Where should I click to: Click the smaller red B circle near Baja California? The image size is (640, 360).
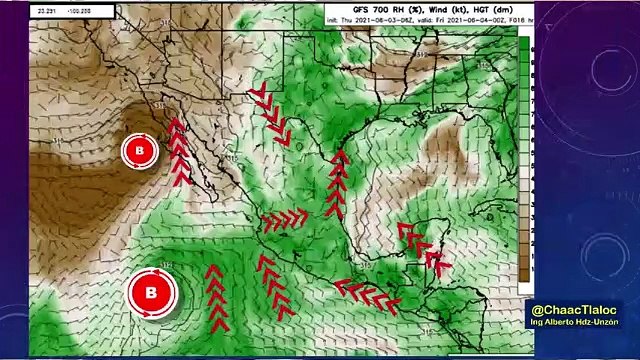140,152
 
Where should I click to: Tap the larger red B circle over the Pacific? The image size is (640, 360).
152,293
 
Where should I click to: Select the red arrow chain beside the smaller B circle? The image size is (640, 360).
179,152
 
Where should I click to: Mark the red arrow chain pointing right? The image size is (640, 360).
286,218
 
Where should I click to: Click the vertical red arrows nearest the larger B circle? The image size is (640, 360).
216,298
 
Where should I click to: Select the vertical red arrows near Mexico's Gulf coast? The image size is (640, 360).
338,184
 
